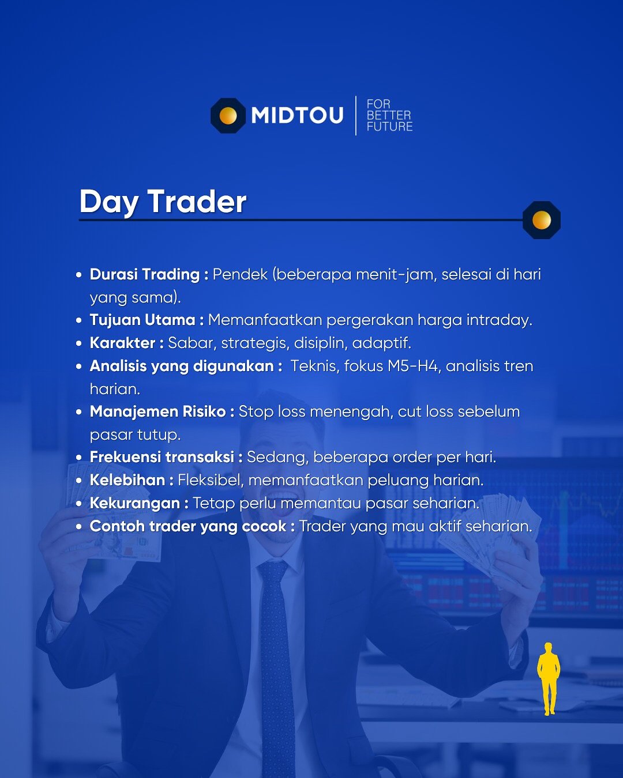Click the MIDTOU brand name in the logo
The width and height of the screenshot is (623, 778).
(297, 115)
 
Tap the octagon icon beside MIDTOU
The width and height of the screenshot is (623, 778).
(228, 116)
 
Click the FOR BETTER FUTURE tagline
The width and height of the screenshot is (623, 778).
(389, 115)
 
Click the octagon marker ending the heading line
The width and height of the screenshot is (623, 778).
(542, 220)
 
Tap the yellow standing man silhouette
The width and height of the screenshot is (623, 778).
(549, 678)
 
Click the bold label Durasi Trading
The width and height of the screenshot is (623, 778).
(144, 274)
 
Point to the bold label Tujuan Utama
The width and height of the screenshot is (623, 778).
(142, 320)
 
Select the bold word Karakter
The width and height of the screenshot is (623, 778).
(122, 343)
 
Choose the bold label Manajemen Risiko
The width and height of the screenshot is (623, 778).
(157, 412)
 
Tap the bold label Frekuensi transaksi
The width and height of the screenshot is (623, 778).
(162, 457)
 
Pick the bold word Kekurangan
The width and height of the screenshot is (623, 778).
(134, 503)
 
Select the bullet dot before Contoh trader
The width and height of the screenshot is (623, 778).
(79, 526)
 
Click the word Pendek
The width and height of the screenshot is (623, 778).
(240, 274)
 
